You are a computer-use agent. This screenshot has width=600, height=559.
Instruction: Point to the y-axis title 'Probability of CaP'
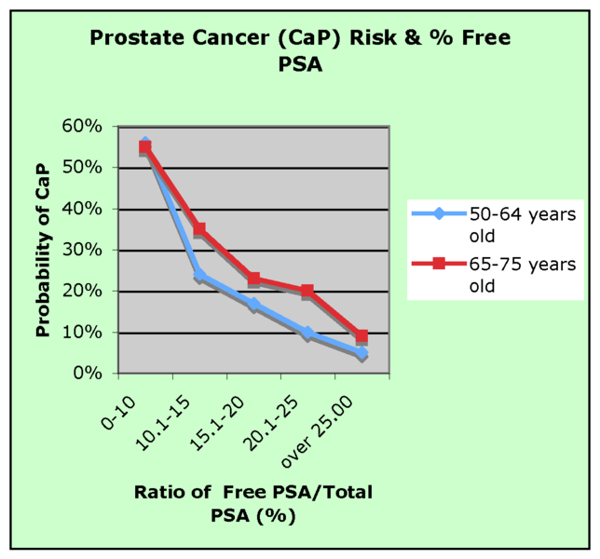44,250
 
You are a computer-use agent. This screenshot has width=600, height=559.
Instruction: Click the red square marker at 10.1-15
199,229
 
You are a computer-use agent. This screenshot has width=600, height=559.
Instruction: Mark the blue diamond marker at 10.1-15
199,276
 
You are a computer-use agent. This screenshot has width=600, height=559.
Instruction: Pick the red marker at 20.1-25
307,291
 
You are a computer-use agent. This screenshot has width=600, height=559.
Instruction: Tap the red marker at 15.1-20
253,279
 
